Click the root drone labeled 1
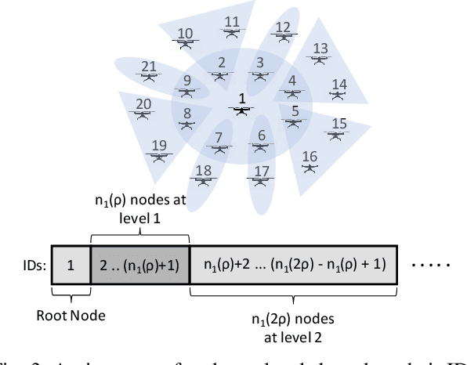(241, 110)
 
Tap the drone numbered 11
(232, 33)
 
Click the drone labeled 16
(310, 167)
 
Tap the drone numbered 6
(261, 147)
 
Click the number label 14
(338, 84)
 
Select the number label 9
(186, 80)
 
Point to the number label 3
(260, 63)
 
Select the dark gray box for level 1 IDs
(140, 265)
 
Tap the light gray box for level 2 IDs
(295, 265)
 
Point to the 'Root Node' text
(70, 316)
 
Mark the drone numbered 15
(335, 135)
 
